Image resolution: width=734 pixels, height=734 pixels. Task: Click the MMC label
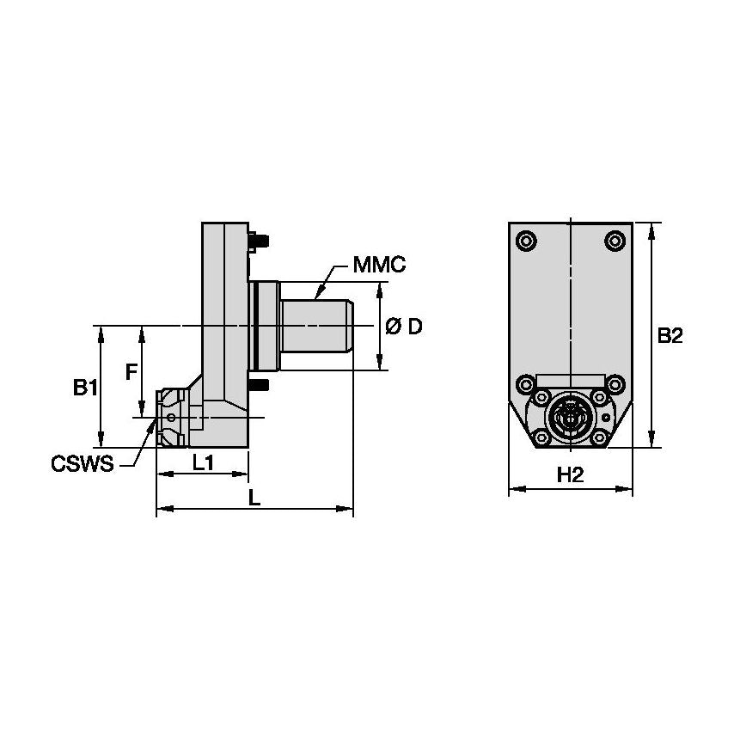click(x=379, y=266)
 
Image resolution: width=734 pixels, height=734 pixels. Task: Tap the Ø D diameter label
click(x=404, y=327)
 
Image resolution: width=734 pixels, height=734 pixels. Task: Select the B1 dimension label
click(x=84, y=388)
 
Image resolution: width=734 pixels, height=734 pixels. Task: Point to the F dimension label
click(x=131, y=371)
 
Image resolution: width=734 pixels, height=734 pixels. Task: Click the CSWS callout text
click(x=83, y=465)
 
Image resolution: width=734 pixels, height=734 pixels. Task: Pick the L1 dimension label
click(x=203, y=463)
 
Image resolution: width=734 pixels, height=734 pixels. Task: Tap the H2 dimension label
click(x=571, y=475)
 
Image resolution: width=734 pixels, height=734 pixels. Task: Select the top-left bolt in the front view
click(x=525, y=240)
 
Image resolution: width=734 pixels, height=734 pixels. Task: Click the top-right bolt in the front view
click(x=615, y=240)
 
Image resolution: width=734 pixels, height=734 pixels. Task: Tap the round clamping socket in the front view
click(x=569, y=419)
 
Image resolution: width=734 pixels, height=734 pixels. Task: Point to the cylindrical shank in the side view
click(x=317, y=327)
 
